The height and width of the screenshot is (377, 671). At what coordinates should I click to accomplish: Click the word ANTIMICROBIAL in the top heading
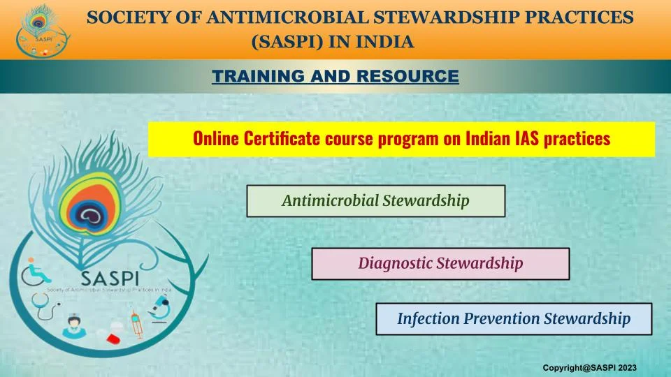287,17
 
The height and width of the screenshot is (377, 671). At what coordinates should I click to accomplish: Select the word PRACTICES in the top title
579,17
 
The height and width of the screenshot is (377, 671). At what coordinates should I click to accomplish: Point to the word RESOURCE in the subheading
407,76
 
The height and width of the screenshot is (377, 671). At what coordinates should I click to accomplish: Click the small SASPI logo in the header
41,31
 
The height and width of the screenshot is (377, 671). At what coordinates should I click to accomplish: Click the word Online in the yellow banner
216,138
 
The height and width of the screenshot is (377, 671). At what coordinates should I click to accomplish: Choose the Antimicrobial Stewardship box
376,201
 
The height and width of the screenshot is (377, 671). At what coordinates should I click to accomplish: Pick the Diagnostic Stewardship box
440,264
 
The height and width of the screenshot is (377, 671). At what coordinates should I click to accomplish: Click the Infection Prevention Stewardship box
514,319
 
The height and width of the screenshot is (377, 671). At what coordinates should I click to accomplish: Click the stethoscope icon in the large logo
45,306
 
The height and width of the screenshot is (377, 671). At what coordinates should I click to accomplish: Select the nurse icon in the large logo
73,326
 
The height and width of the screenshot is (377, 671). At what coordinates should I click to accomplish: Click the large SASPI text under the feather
110,279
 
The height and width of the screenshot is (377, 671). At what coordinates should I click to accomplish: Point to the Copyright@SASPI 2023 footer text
589,368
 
